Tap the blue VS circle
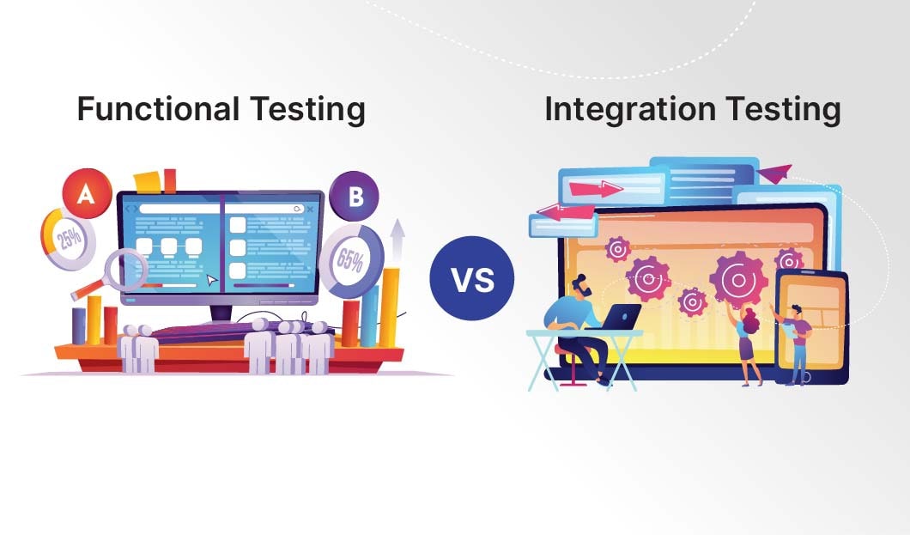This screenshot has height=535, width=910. pos(472,280)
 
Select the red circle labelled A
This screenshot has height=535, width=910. pos(85,195)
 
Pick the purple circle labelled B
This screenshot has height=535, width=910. pos(355,197)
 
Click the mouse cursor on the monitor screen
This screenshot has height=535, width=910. pos(212,279)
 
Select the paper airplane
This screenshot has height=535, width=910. pos(773,174)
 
